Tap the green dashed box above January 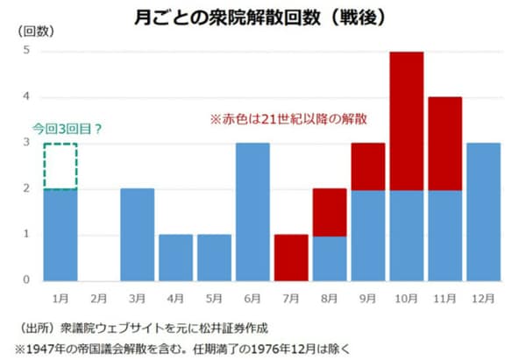(59, 166)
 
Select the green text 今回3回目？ (68, 128)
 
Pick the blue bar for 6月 (252, 211)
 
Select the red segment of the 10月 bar (406, 120)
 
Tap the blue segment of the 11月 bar (444, 234)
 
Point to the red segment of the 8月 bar (329, 211)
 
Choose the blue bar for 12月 (483, 211)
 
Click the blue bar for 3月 (137, 234)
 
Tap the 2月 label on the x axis (98, 298)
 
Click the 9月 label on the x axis (367, 298)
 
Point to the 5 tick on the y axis (26, 51)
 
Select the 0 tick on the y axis (26, 280)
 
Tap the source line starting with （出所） (140, 329)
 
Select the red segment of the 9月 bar (367, 166)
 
